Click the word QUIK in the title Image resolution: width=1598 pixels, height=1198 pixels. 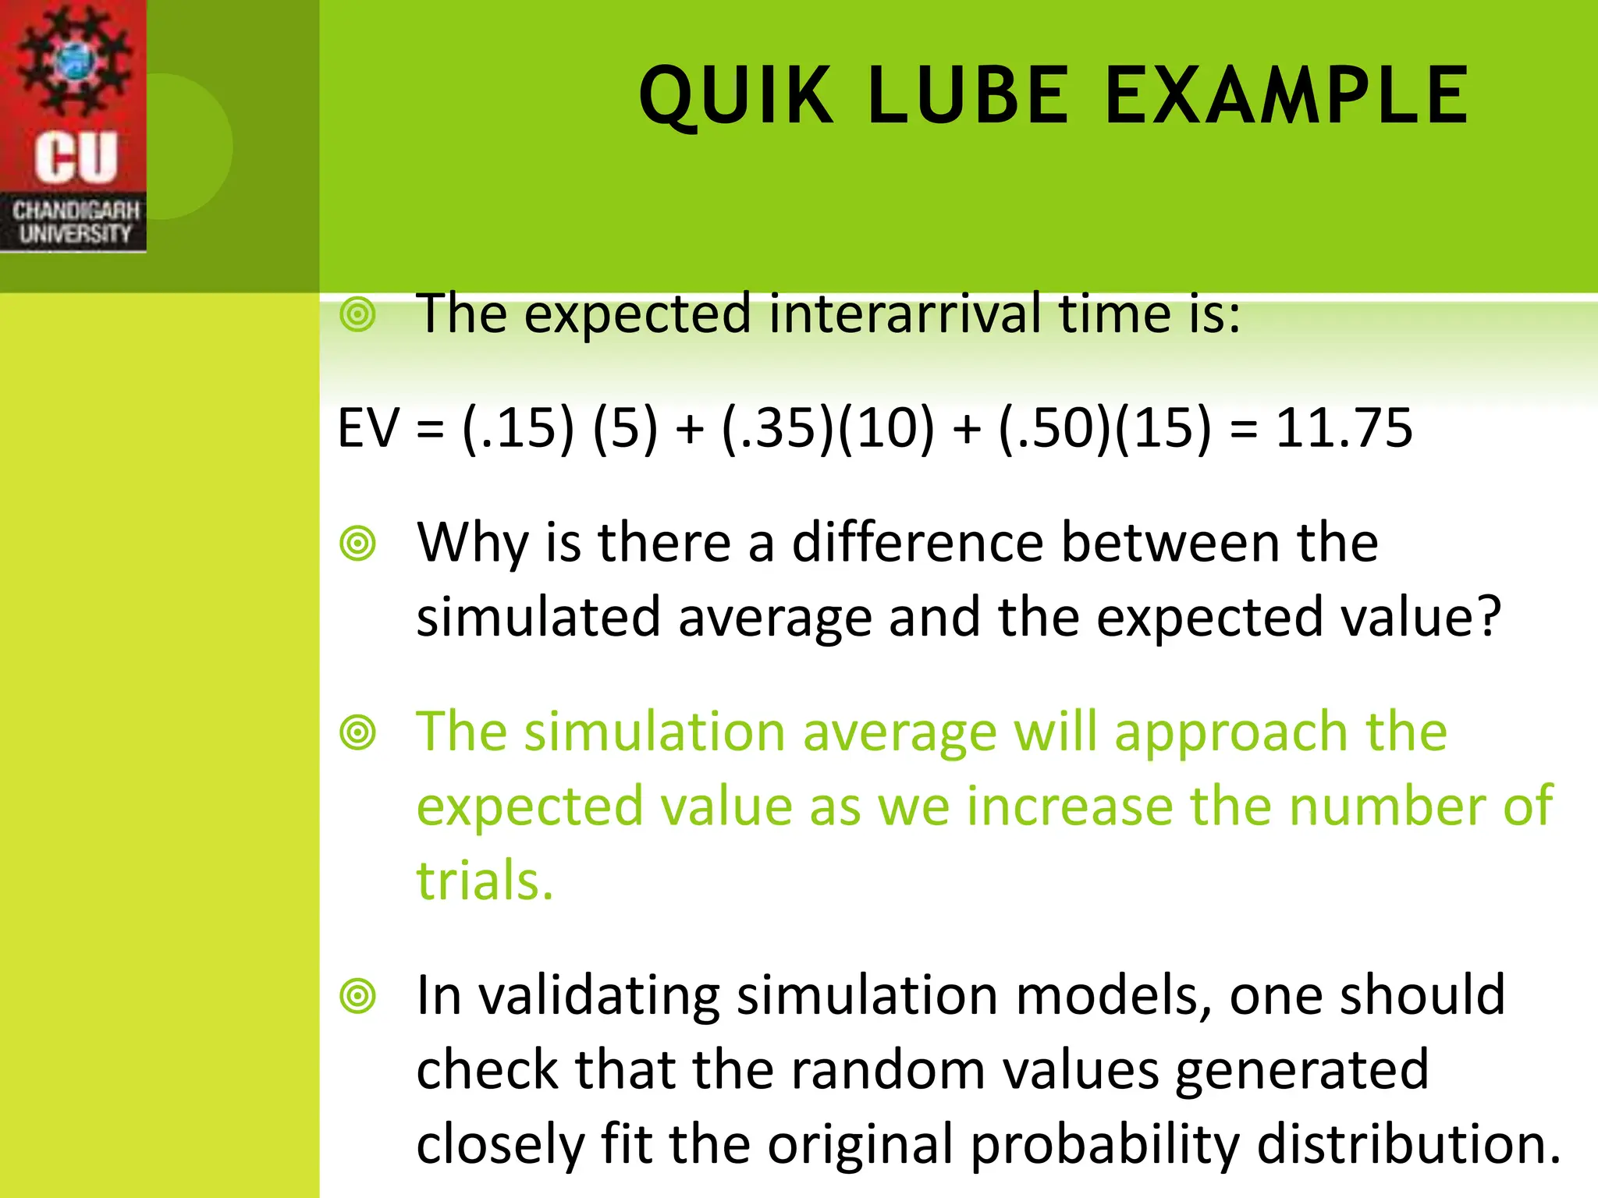pos(736,96)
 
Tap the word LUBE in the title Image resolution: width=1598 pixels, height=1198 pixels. pos(968,96)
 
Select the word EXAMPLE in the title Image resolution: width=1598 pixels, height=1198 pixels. pos(1287,96)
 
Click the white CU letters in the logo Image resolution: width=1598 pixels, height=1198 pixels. pos(76,158)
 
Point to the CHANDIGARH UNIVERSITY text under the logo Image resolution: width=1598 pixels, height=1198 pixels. pos(75,222)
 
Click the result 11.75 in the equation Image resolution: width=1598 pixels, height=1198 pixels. pos(1344,428)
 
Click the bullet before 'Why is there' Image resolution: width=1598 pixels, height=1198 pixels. pos(358,543)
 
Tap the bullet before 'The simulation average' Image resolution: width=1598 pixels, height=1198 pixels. pos(358,732)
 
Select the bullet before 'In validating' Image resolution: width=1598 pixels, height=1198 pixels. pos(358,996)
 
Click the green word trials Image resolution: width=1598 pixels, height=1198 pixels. pos(484,881)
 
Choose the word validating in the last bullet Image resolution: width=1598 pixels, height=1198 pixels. pos(598,996)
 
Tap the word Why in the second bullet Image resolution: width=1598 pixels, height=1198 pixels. pos(472,543)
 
